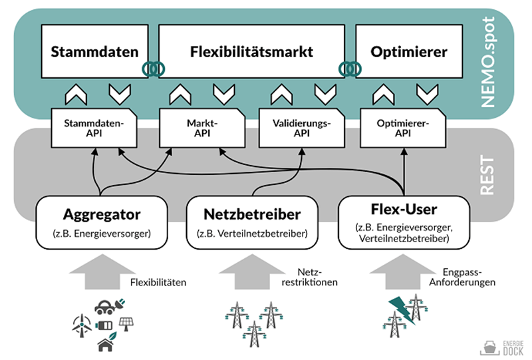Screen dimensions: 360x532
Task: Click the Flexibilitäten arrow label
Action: pyautogui.click(x=158, y=282)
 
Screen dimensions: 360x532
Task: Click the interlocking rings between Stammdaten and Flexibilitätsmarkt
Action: pyautogui.click(x=151, y=69)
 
